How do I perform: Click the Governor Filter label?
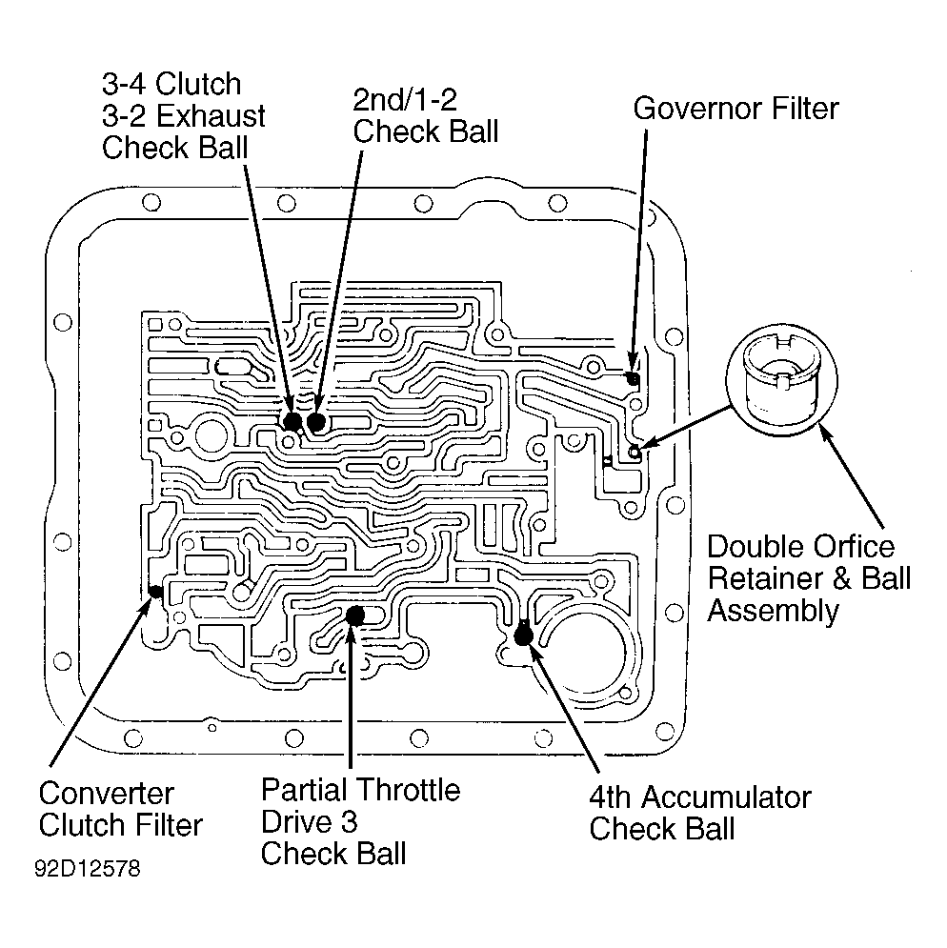735,109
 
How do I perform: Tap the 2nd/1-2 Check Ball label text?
426,116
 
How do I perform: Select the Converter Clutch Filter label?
120,810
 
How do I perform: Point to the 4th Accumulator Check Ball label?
700,813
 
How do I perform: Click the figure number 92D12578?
88,869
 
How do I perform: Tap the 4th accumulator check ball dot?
523,635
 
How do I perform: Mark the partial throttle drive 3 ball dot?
354,616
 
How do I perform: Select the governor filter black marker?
634,379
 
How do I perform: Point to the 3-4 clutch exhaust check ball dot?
292,421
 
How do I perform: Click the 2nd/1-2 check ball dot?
316,421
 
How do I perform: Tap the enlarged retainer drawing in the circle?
781,380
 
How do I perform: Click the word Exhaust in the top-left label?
212,116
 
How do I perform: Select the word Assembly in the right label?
774,611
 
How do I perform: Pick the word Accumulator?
726,797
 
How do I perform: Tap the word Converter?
107,794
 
